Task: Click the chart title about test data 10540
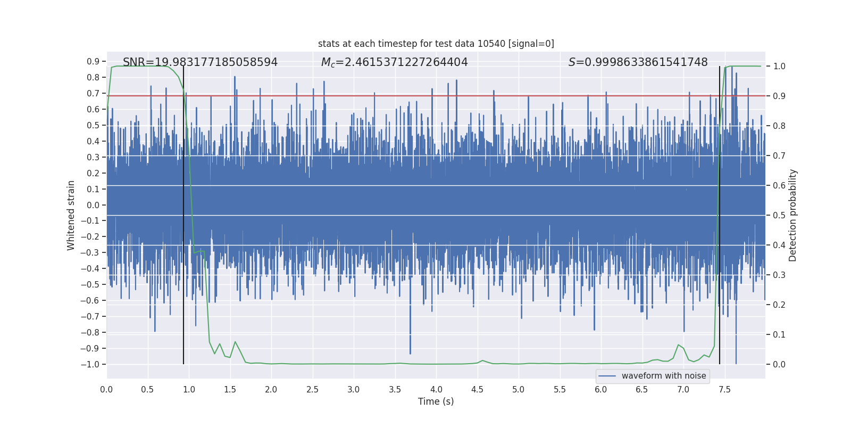[436, 44]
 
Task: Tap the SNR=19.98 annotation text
[200, 62]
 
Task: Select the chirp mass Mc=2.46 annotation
[394, 62]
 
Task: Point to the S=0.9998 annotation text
[638, 62]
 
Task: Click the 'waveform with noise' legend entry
[663, 376]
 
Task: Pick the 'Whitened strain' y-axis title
[71, 215]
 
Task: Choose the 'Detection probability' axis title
[792, 215]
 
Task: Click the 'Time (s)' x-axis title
[436, 402]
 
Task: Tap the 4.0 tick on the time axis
[436, 390]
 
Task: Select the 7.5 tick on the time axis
[724, 390]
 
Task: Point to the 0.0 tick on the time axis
[106, 390]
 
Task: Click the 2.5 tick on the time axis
[312, 390]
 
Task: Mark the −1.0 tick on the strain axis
[93, 365]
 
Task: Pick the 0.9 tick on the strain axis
[94, 62]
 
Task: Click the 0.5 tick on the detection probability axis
[779, 216]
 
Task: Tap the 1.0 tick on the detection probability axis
[779, 67]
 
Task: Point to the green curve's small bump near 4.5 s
[482, 361]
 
